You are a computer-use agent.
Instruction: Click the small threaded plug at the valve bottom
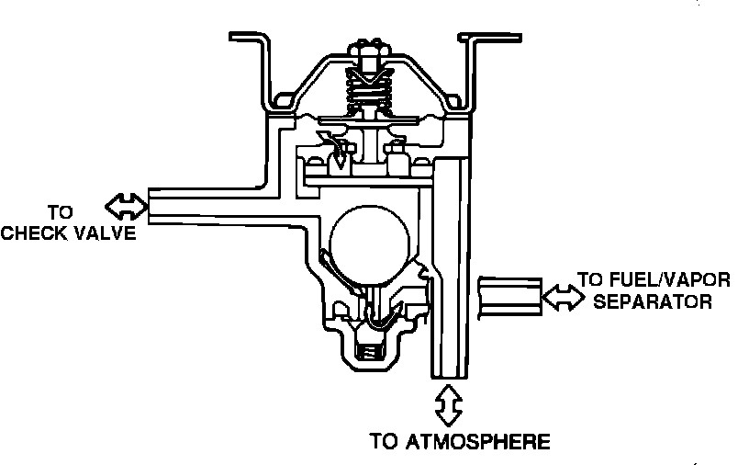tap(368, 348)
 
